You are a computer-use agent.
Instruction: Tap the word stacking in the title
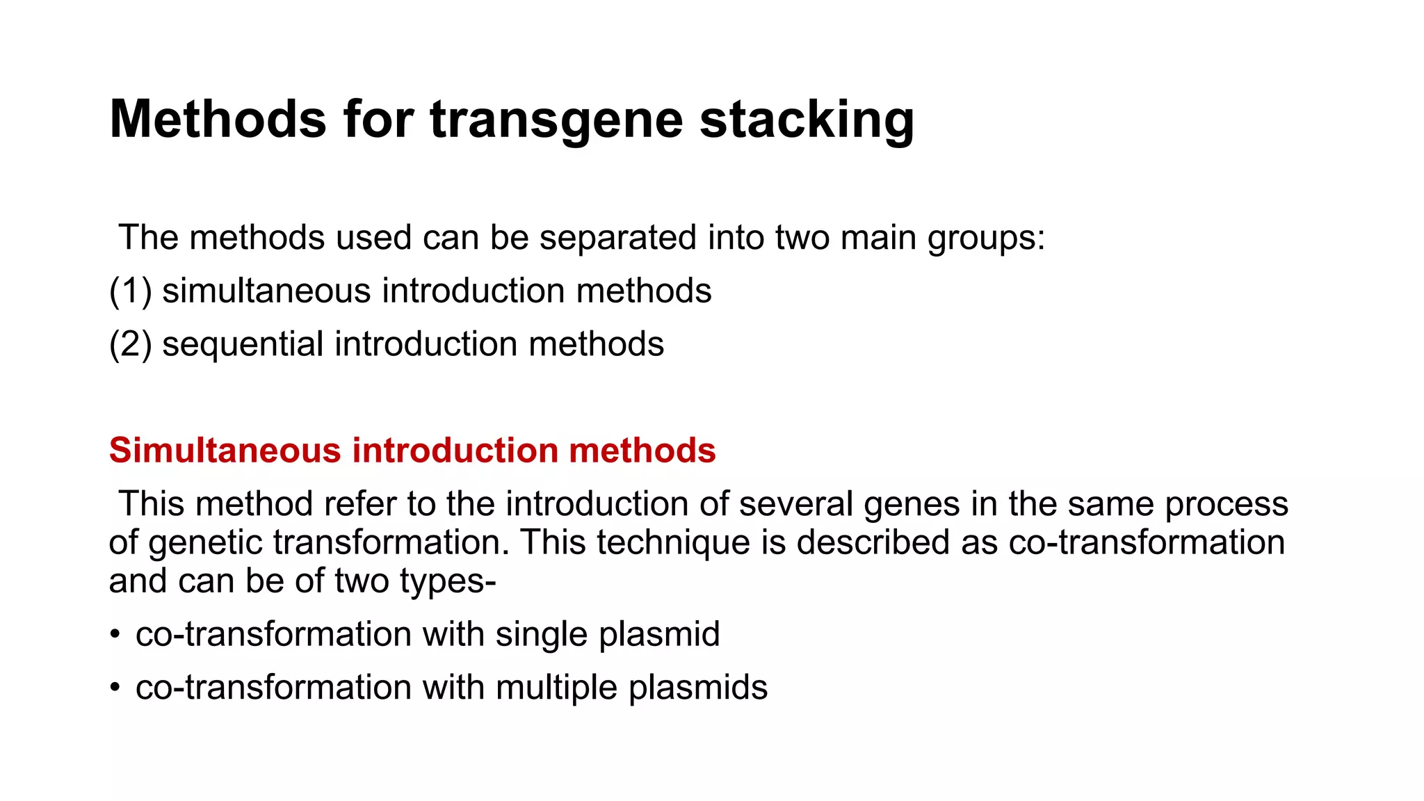point(807,120)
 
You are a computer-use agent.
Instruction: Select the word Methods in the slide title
point(218,120)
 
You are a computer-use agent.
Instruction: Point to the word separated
point(617,238)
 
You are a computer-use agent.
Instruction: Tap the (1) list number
point(130,291)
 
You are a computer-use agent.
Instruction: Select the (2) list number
point(130,344)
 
